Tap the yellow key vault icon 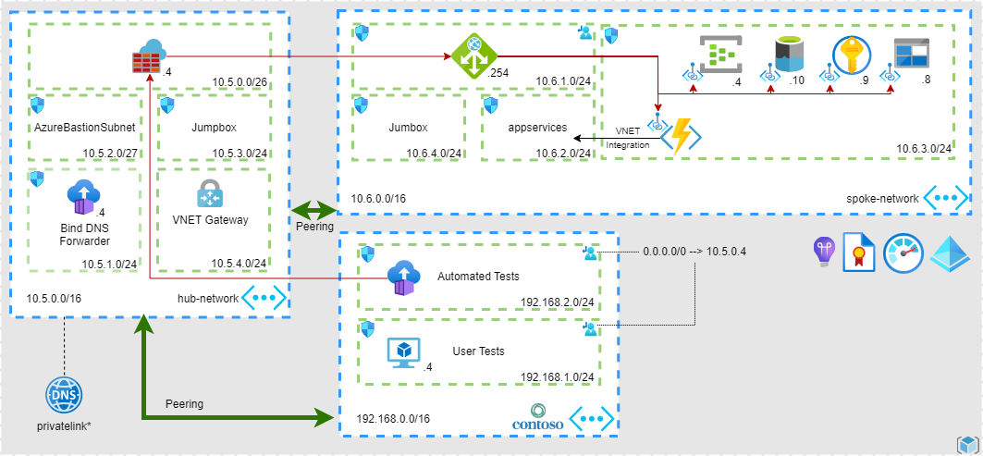coord(848,55)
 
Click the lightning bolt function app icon coord(682,136)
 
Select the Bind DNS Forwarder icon coord(82,199)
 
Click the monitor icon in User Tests coord(403,351)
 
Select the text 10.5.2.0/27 coord(110,154)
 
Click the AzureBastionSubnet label coord(84,126)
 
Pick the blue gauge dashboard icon coord(903,253)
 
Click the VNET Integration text coord(628,138)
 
